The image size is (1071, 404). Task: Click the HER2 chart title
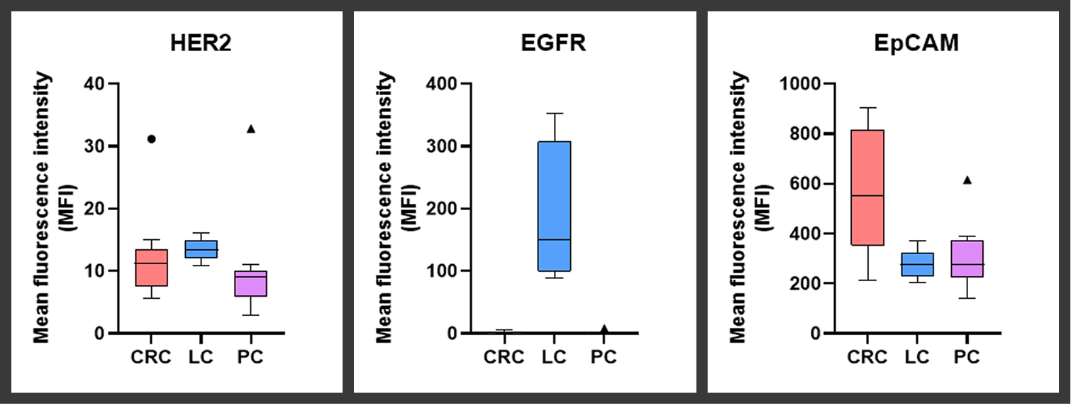pos(201,44)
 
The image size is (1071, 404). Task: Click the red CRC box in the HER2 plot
pos(150,268)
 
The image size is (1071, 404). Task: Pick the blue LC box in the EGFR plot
pos(554,206)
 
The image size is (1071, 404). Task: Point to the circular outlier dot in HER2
pos(151,139)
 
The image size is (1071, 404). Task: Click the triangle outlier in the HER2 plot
pos(250,129)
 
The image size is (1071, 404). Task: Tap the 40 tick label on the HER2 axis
pos(97,84)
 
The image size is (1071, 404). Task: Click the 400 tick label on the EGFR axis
pos(442,84)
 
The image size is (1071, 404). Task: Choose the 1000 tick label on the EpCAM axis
pos(799,84)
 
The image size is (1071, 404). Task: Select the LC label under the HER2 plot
pos(201,356)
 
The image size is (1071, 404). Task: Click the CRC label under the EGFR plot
pos(504,356)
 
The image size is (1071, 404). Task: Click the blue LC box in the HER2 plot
pos(201,249)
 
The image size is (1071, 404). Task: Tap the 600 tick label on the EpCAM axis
pos(804,184)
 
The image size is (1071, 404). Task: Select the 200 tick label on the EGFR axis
pos(442,209)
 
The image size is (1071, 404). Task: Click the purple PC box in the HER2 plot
pos(250,283)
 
